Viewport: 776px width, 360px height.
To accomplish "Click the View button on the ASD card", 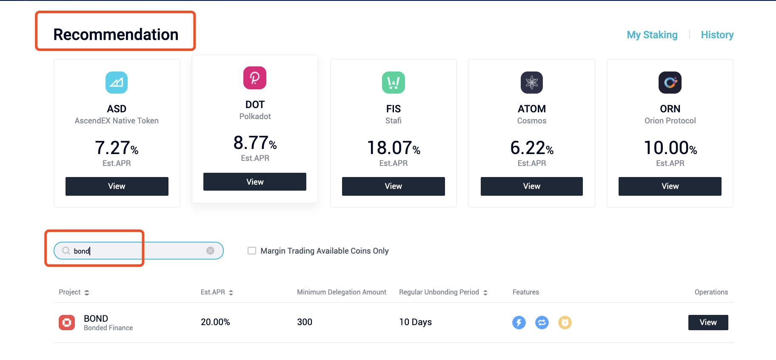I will pyautogui.click(x=117, y=186).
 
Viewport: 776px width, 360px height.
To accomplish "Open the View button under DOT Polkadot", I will pyautogui.click(x=254, y=182).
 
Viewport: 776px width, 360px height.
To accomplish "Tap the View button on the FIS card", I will pyautogui.click(x=393, y=186).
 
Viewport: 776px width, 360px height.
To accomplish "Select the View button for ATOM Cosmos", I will pyautogui.click(x=531, y=186).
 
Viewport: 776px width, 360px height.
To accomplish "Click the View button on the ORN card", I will pyautogui.click(x=670, y=186).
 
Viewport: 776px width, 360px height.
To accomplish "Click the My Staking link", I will pyautogui.click(x=652, y=35).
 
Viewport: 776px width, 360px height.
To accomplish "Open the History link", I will pyautogui.click(x=717, y=35).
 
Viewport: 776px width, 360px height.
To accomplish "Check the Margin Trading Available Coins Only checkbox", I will pyautogui.click(x=252, y=251).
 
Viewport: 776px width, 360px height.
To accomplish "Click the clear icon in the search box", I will pyautogui.click(x=210, y=251).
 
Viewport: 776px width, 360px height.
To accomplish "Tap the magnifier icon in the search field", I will pyautogui.click(x=66, y=251).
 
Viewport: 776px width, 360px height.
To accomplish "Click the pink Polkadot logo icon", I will pyautogui.click(x=254, y=78).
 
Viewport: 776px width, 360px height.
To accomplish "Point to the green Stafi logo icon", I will pyautogui.click(x=393, y=82).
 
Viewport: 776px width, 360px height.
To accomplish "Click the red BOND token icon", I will pyautogui.click(x=67, y=323).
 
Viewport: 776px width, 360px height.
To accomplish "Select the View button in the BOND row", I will pyautogui.click(x=708, y=323).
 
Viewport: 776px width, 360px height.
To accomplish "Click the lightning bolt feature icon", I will pyautogui.click(x=519, y=323).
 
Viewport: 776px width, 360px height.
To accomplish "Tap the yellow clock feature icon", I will pyautogui.click(x=565, y=323).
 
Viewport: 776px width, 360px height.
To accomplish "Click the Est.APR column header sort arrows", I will pyautogui.click(x=231, y=292).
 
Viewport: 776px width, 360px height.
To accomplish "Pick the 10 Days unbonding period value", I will pyautogui.click(x=415, y=322).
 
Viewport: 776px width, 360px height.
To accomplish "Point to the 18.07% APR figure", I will pyautogui.click(x=393, y=148).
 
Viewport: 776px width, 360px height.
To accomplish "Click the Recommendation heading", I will pyautogui.click(x=116, y=34).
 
